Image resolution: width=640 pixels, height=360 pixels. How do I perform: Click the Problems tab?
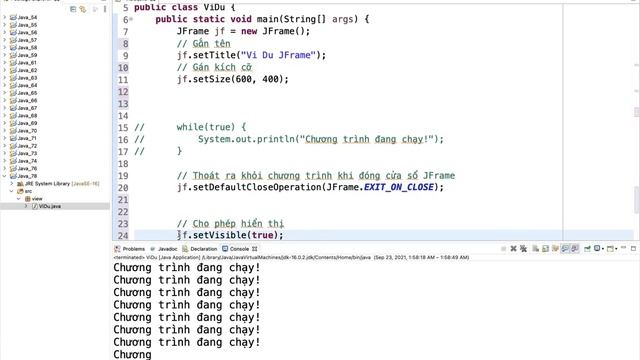pyautogui.click(x=132, y=249)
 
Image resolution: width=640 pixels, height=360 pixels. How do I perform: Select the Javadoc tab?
pyautogui.click(x=168, y=249)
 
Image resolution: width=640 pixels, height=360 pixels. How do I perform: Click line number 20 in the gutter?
pyautogui.click(x=123, y=187)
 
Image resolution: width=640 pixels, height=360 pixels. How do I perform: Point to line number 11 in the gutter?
pyautogui.click(x=123, y=80)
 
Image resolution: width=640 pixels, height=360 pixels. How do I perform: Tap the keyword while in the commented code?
pyautogui.click(x=192, y=128)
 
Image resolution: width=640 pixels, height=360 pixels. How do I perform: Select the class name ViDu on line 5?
pyautogui.click(x=208, y=6)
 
